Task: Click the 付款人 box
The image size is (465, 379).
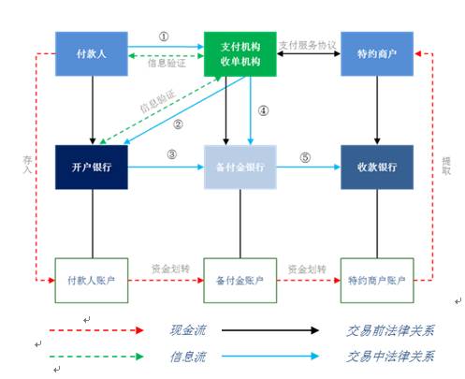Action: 91,54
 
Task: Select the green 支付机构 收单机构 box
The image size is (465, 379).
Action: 240,54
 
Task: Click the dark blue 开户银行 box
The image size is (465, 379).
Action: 91,167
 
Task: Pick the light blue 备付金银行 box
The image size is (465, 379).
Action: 240,167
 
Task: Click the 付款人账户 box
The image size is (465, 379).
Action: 91,280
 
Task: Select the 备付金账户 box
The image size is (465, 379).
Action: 240,280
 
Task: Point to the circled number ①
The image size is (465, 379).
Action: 165,37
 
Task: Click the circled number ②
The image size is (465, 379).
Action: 178,124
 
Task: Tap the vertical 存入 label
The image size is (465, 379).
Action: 28,166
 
